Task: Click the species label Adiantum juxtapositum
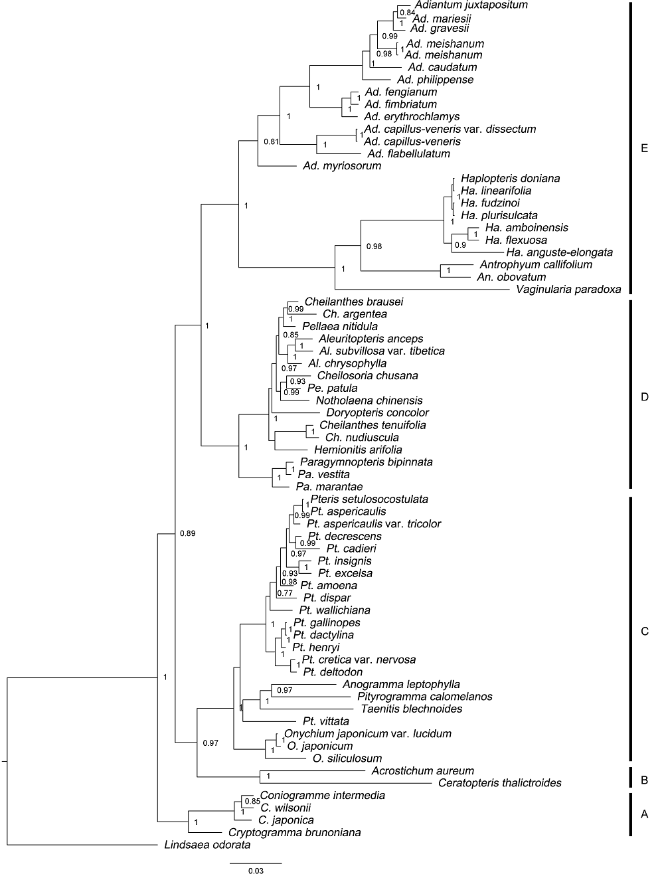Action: [x=471, y=5]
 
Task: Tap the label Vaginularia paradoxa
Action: [x=568, y=290]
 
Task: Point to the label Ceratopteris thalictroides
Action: [x=499, y=783]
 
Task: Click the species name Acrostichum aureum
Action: [x=422, y=770]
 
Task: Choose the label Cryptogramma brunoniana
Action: [x=295, y=833]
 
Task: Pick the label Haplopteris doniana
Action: [x=511, y=179]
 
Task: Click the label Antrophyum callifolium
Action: [x=535, y=264]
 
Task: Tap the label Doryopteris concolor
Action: [x=378, y=412]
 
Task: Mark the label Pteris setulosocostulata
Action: [x=369, y=499]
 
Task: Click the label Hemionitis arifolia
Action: [x=358, y=450]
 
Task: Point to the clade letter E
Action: [x=644, y=149]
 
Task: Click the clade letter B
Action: [x=644, y=780]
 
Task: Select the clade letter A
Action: [x=644, y=814]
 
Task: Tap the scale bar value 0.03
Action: [x=256, y=871]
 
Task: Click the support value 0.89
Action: [x=187, y=533]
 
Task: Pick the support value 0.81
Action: [x=271, y=141]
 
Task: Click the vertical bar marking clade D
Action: [x=631, y=394]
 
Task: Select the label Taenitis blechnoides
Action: [x=412, y=709]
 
